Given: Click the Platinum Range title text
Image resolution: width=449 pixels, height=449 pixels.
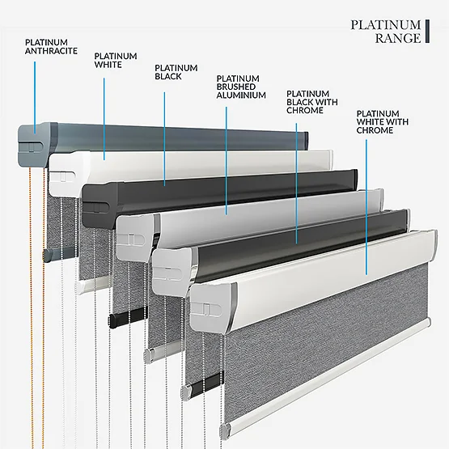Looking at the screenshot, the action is pos(386,32).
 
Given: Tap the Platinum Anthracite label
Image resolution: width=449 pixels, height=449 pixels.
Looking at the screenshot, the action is pos(51,47).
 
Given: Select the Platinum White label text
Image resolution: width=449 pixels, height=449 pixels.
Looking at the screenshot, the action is pos(116,61).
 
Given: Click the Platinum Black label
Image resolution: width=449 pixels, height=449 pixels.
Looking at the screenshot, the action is pos(176,72).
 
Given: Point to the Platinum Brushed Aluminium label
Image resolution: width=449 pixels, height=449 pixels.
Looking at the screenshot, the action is pos(241,87).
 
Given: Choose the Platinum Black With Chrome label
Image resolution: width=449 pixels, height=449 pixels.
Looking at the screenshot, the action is pos(312,102).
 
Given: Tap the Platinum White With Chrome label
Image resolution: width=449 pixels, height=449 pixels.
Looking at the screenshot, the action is pos(383,122).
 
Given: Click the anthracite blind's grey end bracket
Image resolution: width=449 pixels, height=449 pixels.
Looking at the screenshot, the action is pos(35,145).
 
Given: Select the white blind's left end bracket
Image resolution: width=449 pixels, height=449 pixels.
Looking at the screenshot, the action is pos(68,173).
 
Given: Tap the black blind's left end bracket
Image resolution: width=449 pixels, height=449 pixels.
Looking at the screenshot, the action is pos(100,205).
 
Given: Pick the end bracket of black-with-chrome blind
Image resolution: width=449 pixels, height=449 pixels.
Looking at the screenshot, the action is pos(172,271).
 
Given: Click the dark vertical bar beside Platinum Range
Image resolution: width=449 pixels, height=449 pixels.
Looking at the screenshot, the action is pos(427,32).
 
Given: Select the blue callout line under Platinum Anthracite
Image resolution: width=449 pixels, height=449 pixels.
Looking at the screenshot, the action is pos(35,97).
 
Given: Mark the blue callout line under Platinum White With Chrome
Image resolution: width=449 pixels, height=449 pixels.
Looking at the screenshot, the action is pos(366,207).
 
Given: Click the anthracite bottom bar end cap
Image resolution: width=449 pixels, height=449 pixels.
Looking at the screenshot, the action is pos(47,255).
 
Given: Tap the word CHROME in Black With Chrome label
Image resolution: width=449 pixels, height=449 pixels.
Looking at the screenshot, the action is pos(305,111).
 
